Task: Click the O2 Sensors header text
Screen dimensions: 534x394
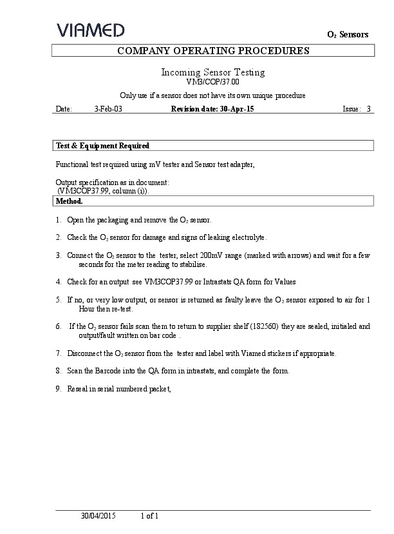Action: pos(348,35)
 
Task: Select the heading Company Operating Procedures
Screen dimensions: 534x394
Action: pos(213,51)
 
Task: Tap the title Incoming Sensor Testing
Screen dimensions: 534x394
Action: pos(212,72)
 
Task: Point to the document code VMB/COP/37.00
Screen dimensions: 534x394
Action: pos(212,82)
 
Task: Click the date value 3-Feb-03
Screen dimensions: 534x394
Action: pos(108,110)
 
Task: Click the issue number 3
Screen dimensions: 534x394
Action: pos(369,110)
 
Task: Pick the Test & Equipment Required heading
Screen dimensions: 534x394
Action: pos(103,146)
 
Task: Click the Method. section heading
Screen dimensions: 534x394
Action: pos(70,201)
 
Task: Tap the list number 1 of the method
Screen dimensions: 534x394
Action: pos(59,220)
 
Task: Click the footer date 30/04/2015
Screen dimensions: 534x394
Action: pos(98,516)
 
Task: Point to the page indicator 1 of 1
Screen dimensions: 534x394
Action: pos(149,516)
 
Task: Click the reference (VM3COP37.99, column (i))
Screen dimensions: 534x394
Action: pos(106,192)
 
